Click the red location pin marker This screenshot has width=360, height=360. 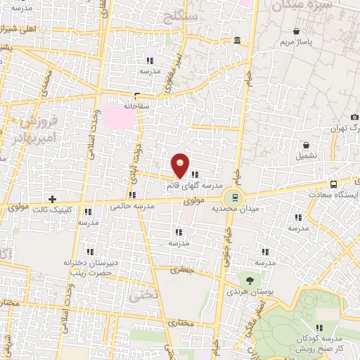coord(181,165)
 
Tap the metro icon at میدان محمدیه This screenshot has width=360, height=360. coord(232,197)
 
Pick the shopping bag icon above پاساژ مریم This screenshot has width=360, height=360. coord(297,32)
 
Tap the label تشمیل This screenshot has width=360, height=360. coord(307,155)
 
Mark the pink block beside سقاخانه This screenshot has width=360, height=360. coord(116,117)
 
